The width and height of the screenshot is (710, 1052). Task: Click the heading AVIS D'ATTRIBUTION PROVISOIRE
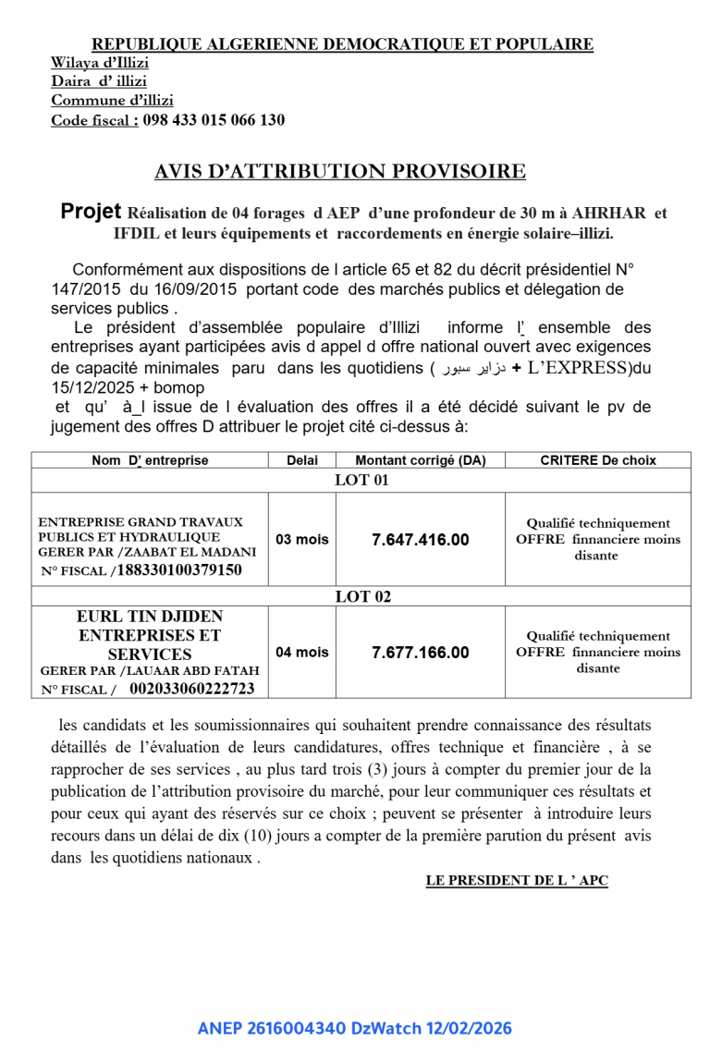tap(340, 171)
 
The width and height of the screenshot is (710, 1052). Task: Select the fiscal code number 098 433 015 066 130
tap(214, 120)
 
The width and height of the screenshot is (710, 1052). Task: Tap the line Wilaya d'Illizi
tap(100, 63)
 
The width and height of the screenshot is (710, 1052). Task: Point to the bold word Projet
tap(92, 212)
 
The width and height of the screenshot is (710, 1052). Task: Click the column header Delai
tap(301, 460)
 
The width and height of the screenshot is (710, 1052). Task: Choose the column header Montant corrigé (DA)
tap(420, 460)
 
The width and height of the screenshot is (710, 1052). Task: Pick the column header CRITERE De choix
tap(597, 460)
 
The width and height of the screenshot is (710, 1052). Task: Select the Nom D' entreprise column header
tap(150, 460)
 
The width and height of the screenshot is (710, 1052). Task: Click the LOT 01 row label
tap(361, 480)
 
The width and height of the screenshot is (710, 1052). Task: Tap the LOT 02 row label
tap(361, 597)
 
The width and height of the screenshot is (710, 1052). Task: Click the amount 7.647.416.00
tap(420, 540)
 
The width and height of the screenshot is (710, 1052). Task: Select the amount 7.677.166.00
tap(420, 653)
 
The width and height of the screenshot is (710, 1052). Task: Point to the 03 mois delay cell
tap(301, 540)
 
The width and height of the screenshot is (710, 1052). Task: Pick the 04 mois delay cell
tap(301, 653)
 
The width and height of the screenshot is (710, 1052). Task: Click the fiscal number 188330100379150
tap(179, 570)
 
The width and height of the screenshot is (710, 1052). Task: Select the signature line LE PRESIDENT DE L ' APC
tap(517, 881)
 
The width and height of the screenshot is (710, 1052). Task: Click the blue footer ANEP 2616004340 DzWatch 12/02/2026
tap(354, 1028)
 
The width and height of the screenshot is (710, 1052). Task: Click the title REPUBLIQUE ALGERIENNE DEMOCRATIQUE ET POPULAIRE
tap(342, 44)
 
